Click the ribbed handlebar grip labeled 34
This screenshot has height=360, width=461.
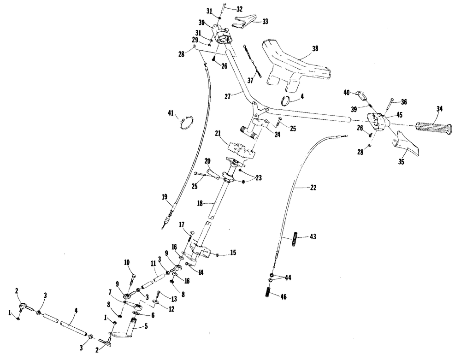[433, 128]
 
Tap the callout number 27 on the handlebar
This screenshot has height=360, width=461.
[228, 96]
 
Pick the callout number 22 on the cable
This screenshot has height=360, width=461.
[313, 187]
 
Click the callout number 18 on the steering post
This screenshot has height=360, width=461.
[200, 203]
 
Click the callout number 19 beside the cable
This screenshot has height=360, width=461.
[165, 196]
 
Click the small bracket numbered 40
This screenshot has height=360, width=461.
[360, 96]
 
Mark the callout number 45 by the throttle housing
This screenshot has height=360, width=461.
[399, 115]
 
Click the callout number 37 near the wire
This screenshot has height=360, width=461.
[250, 80]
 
